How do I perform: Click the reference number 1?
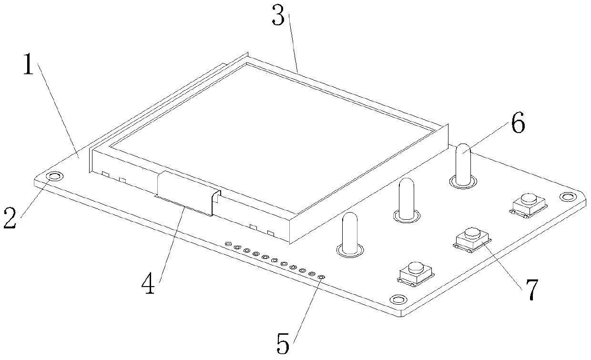pos(28,65)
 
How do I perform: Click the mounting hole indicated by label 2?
pos(55,176)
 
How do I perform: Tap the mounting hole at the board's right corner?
pos(567,196)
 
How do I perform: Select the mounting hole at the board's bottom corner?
pos(396,299)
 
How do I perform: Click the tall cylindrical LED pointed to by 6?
pos(463,165)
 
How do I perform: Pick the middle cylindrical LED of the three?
pos(407,199)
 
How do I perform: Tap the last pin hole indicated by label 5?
pos(321,277)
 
